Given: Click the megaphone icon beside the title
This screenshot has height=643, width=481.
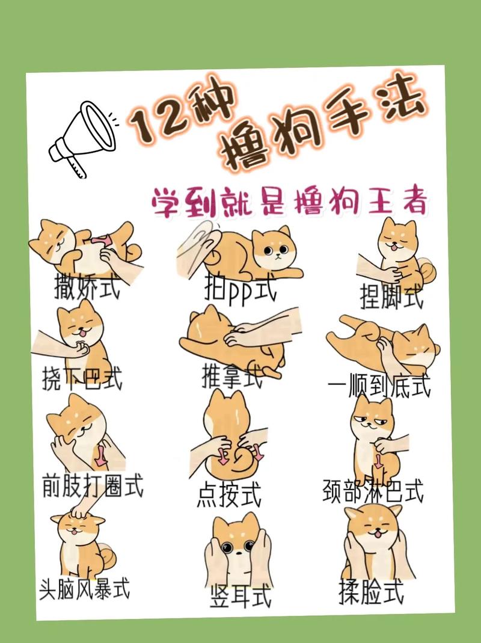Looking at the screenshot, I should click(x=81, y=137).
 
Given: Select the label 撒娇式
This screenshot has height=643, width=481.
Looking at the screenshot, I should click(x=87, y=286).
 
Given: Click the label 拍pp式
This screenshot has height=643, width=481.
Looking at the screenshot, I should click(x=240, y=292).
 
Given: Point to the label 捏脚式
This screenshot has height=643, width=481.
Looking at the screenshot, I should click(x=391, y=296).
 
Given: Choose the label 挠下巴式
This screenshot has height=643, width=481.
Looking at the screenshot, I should click(x=82, y=380).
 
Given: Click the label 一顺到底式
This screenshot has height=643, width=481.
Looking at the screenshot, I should click(x=379, y=386).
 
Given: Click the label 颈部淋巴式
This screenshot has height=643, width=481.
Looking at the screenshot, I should click(x=373, y=490).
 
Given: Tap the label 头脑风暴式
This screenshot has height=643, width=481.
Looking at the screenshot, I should click(x=84, y=589).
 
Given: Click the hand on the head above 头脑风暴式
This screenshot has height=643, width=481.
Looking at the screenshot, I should click(x=81, y=511).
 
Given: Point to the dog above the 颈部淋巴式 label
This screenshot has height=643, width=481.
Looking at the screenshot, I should click(x=373, y=436).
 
